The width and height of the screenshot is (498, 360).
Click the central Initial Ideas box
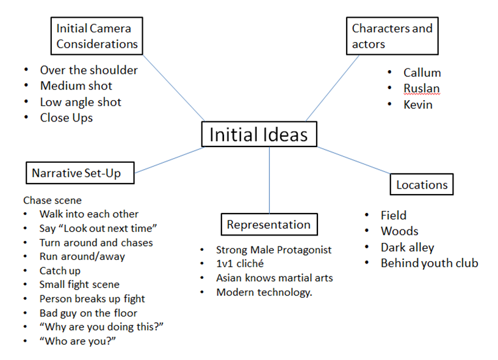point(259,134)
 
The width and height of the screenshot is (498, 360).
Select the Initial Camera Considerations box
point(96,36)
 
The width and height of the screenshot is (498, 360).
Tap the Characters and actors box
point(392,36)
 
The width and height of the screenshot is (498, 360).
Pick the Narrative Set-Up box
point(80,173)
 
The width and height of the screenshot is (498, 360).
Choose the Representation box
point(269,225)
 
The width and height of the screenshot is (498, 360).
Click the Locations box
point(421,184)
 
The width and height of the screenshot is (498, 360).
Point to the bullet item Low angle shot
point(81,102)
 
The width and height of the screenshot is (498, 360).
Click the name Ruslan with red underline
point(421,88)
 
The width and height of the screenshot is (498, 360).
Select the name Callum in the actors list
point(422,73)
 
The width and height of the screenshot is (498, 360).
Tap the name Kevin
point(418,104)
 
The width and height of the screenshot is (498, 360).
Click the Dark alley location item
point(407,247)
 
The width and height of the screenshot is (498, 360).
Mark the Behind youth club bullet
point(429,263)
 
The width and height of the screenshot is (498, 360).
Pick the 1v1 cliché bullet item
point(240,264)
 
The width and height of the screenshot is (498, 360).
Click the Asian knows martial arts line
point(274,278)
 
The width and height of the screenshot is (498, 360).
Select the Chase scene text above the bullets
point(52,200)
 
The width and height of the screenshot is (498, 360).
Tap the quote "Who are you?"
point(78,341)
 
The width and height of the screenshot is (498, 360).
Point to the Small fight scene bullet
point(79,284)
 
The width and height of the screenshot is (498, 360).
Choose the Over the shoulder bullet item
point(88,70)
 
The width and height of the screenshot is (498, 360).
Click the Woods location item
point(399,231)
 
